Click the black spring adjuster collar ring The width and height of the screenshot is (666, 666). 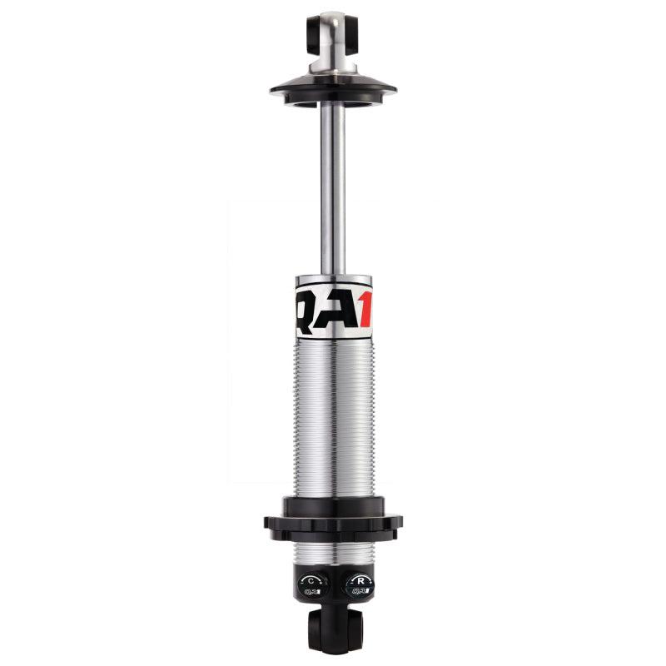pyautogui.click(x=333, y=521)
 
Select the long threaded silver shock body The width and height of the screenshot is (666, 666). pyautogui.click(x=333, y=416)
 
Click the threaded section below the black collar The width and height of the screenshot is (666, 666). pyautogui.click(x=333, y=554)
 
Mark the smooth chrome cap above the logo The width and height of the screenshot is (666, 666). pyautogui.click(x=333, y=281)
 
